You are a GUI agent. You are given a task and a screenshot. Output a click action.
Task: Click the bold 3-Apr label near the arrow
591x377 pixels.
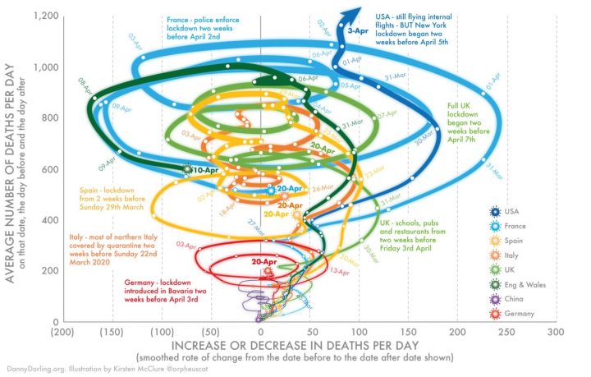click(358, 30)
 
